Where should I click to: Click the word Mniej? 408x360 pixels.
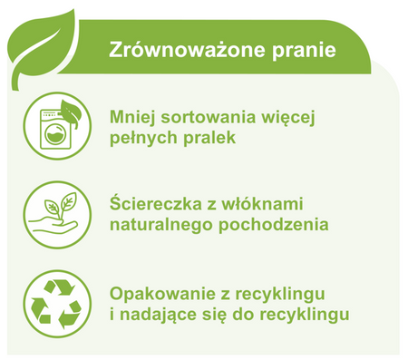pos(132,118)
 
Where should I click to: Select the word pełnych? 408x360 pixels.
pos(144,139)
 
